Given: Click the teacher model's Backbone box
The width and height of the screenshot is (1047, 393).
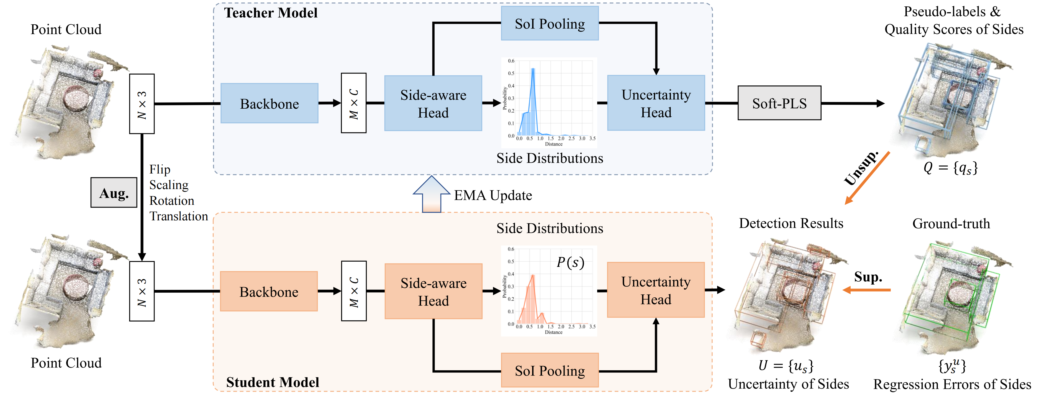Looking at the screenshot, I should pos(269,103).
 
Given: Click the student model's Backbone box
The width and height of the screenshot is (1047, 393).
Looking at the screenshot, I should pos(269,291).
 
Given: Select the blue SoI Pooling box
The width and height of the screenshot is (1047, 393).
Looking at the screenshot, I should pos(550,23).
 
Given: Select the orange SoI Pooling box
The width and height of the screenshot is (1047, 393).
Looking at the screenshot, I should pos(550,370).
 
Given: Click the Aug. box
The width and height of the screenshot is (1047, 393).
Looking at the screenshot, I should pos(114,192).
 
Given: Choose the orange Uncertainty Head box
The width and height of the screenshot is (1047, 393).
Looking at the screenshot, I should pos(656,290).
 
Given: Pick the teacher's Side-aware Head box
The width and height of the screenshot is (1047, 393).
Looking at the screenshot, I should pos(433,103).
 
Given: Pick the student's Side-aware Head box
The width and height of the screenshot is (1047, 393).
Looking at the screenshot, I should pos(433,291).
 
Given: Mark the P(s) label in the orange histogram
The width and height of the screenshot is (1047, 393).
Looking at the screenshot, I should pos(570,262).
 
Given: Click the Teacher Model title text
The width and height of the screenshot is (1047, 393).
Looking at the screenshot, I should pos(271,13).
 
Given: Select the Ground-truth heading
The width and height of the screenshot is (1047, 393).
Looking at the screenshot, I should pos(951,223).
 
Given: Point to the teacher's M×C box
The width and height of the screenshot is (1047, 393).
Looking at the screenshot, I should pos(354,103).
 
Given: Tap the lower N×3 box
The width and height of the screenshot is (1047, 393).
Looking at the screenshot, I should pos(142,291).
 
